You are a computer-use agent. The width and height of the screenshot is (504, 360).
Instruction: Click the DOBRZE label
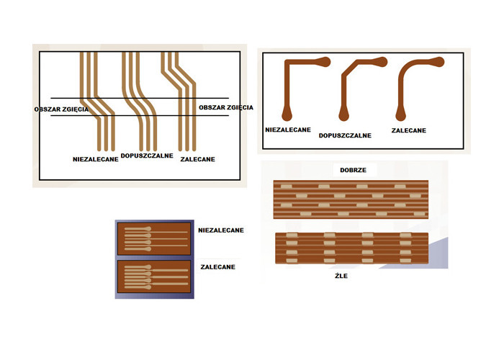(x=353, y=170)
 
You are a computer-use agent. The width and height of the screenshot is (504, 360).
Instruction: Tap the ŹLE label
(x=341, y=276)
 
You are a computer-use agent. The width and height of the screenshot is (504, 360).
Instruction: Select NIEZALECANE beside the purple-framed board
(x=221, y=230)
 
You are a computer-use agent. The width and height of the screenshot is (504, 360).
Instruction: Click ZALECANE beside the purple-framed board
(x=217, y=267)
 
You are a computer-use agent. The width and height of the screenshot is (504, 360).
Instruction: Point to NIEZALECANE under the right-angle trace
(x=288, y=130)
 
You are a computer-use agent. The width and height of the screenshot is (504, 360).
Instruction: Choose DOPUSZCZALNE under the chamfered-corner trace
(x=345, y=135)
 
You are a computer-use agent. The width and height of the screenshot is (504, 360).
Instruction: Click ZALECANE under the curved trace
(x=408, y=130)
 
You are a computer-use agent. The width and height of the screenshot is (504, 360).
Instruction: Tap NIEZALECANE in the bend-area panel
(x=96, y=159)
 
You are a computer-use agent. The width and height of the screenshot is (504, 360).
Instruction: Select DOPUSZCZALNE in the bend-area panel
(x=147, y=156)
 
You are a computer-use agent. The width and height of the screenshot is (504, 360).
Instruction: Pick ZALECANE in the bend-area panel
(x=198, y=159)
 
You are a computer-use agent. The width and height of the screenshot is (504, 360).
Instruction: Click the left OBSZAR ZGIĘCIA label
(x=61, y=109)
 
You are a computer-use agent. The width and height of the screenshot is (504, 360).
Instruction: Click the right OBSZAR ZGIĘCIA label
(x=226, y=107)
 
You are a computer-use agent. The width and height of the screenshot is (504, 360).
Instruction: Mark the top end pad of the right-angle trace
(x=325, y=62)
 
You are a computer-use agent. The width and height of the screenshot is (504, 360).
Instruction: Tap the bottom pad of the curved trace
(x=401, y=115)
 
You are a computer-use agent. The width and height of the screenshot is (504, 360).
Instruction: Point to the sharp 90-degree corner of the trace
(x=287, y=63)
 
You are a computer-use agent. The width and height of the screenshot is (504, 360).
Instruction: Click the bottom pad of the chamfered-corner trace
(x=344, y=115)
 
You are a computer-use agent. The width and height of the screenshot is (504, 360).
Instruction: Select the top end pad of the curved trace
(x=438, y=62)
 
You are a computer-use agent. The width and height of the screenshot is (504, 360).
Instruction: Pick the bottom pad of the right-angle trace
(x=287, y=115)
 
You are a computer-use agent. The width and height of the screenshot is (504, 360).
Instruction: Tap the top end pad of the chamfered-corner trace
(x=382, y=62)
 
